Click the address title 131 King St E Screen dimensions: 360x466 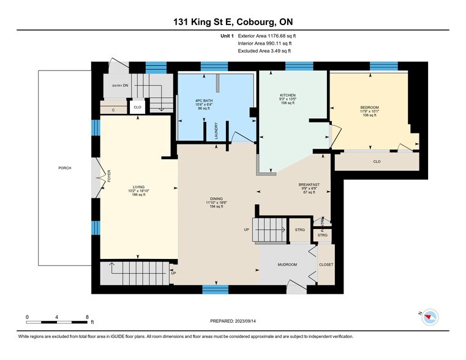(x=233, y=23)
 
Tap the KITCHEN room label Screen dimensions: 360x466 (x=288, y=96)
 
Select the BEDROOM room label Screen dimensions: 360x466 (x=369, y=108)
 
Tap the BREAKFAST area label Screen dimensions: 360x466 (x=309, y=185)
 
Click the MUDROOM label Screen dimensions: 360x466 (x=287, y=264)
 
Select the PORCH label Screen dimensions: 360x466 (x=65, y=168)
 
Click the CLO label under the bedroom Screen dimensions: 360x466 (x=377, y=162)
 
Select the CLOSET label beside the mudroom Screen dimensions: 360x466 (x=326, y=264)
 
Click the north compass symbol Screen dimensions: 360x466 (x=431, y=317)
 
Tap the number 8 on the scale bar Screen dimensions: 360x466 (x=88, y=317)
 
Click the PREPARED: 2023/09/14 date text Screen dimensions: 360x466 (x=233, y=321)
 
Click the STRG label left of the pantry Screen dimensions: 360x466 (x=299, y=230)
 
